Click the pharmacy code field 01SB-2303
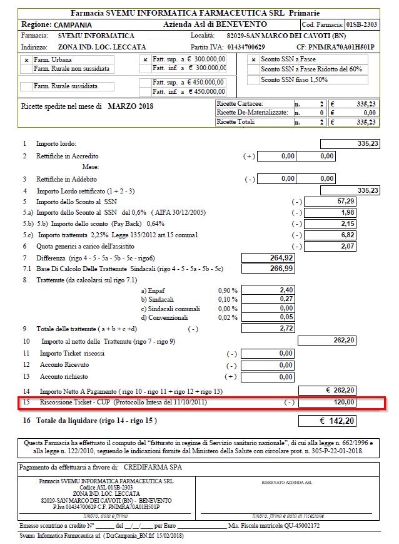(x=361, y=24)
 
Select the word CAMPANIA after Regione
(x=74, y=24)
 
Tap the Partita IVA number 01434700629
(x=238, y=46)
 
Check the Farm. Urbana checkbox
(x=26, y=59)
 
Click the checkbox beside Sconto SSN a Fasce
(x=253, y=59)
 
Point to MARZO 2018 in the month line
(x=130, y=106)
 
